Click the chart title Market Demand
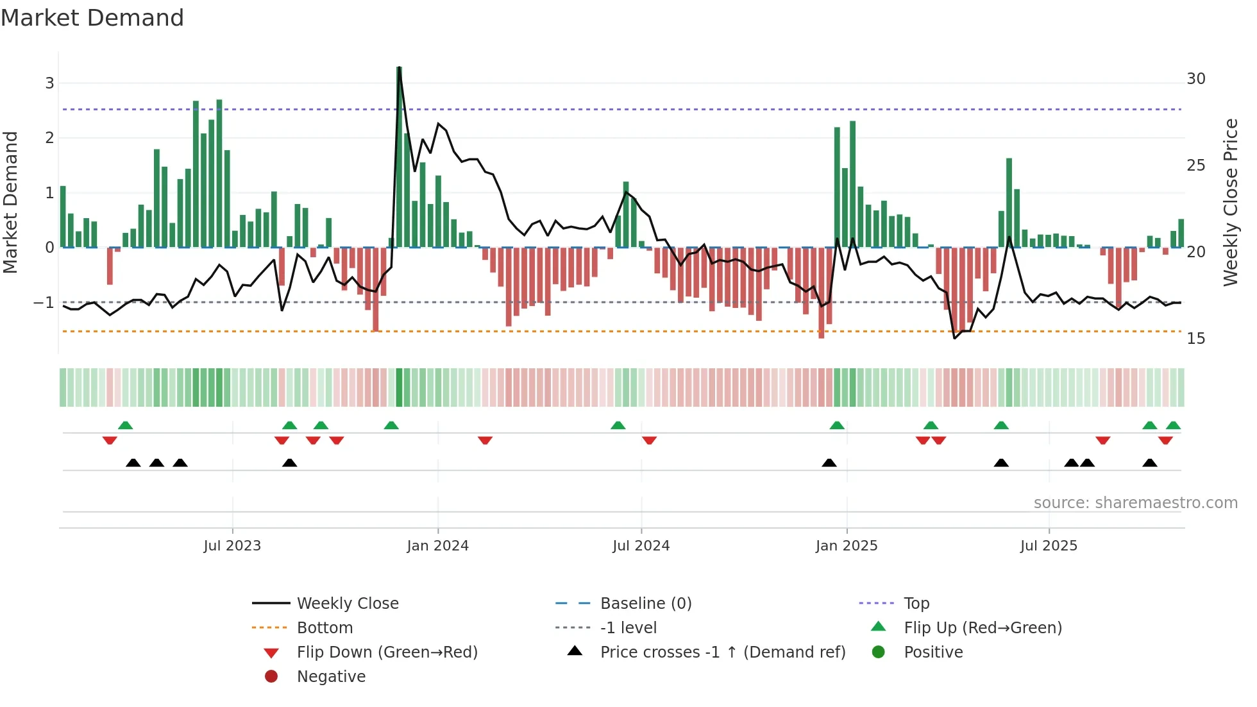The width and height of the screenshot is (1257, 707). click(92, 18)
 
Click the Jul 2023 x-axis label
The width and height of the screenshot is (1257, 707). click(232, 546)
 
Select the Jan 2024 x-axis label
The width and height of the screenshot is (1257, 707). click(437, 546)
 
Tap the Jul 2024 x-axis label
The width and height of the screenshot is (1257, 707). click(641, 546)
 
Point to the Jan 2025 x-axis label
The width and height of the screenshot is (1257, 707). click(846, 546)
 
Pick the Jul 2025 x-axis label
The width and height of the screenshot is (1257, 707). click(1049, 546)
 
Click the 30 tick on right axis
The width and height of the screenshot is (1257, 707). click(1196, 79)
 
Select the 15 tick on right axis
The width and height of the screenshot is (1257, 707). click(1196, 339)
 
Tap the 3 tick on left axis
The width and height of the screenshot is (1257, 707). click(49, 83)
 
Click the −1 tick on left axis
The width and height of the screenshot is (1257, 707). click(44, 303)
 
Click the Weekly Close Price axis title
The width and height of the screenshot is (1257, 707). click(1231, 202)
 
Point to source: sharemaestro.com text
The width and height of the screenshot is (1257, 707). click(1135, 503)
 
